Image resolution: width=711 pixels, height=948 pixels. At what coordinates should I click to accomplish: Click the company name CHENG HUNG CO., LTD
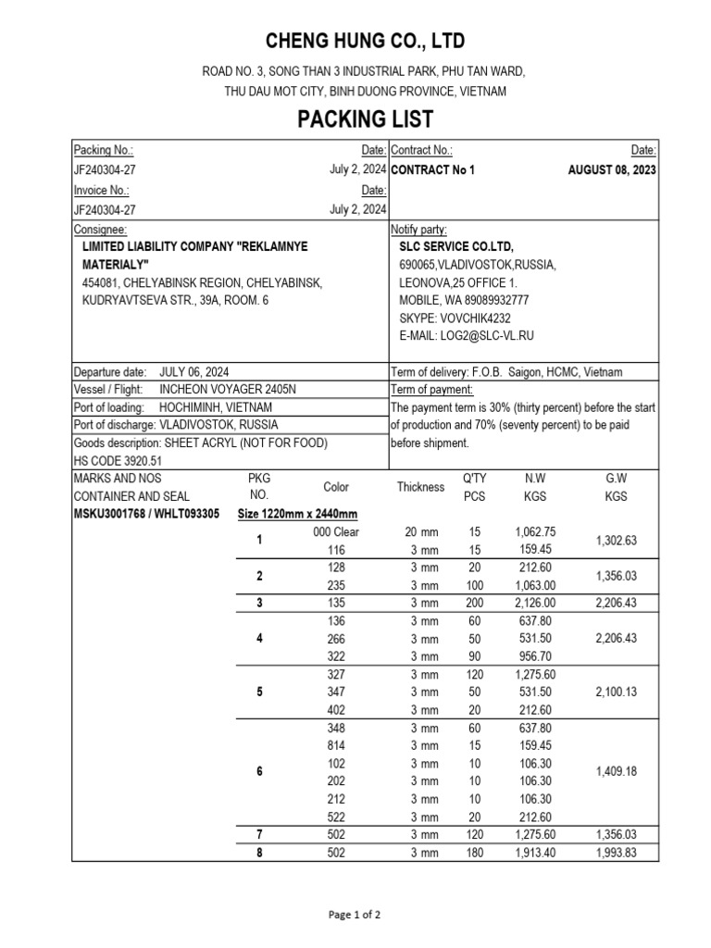[365, 42]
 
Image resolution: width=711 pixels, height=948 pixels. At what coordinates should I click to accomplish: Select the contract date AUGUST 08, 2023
[612, 170]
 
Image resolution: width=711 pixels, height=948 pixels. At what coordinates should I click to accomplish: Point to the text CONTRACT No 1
[433, 170]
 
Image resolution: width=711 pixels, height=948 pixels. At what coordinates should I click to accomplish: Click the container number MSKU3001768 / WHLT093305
[146, 514]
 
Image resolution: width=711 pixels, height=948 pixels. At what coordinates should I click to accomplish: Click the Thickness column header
[421, 487]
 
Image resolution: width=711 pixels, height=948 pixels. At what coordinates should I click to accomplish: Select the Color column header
[336, 487]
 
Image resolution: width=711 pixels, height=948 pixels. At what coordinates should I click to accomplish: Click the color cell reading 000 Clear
[336, 532]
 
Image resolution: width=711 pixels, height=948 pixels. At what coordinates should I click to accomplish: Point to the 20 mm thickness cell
[421, 532]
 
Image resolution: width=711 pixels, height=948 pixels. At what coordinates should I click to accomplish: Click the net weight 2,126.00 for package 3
[534, 603]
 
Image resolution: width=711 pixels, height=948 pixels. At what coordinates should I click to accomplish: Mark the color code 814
[336, 745]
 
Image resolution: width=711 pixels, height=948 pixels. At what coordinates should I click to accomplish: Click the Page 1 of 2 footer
[355, 915]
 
